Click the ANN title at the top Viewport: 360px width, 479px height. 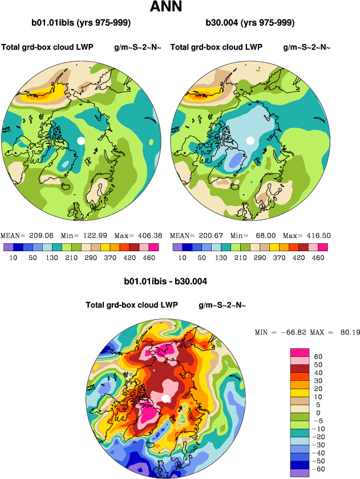(166, 7)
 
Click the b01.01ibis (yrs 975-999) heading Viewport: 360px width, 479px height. (82, 23)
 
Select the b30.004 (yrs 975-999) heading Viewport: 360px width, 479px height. (250, 23)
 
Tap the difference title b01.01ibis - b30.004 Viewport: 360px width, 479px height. (165, 281)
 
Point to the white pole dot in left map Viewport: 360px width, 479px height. (81, 140)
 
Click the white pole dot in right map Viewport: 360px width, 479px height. (250, 140)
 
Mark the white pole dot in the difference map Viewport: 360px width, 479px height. (165, 398)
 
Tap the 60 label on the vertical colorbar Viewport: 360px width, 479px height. (318, 357)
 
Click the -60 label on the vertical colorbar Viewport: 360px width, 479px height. (320, 468)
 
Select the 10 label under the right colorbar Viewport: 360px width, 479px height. (182, 258)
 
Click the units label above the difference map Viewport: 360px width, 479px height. (222, 305)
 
